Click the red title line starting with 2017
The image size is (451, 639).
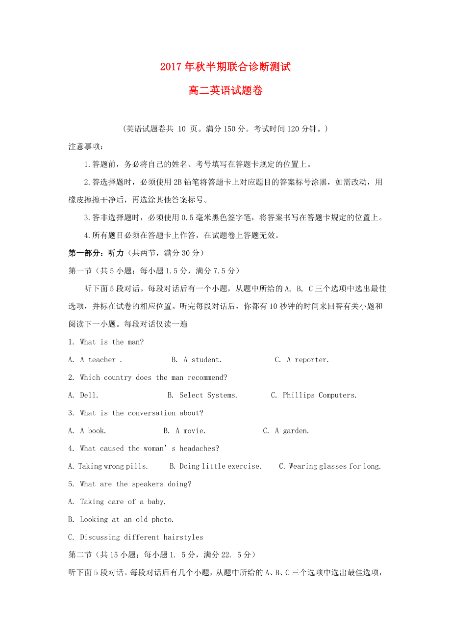point(225,67)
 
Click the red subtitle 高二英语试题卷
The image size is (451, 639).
point(225,91)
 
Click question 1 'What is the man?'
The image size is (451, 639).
point(112,342)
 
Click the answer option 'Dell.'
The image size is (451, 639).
point(89,395)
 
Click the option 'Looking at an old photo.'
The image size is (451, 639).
point(126,519)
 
